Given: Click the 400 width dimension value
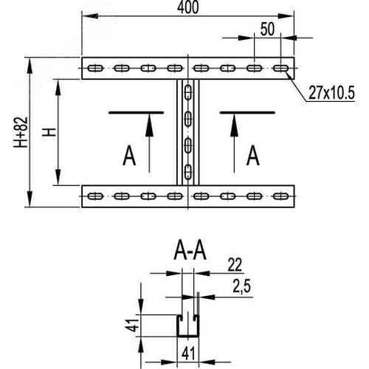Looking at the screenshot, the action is tap(187, 7).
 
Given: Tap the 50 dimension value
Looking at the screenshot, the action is tap(267, 29).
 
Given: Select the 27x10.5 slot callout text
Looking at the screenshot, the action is tap(331, 93).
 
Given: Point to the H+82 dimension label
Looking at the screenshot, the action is tap(21, 132).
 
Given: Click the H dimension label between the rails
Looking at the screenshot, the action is tap(49, 132).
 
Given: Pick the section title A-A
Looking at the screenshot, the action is tap(190, 252).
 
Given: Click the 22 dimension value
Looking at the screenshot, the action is tap(235, 265).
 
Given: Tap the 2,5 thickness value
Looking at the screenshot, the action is tap(241, 286).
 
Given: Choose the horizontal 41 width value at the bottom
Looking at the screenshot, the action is tap(188, 354).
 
